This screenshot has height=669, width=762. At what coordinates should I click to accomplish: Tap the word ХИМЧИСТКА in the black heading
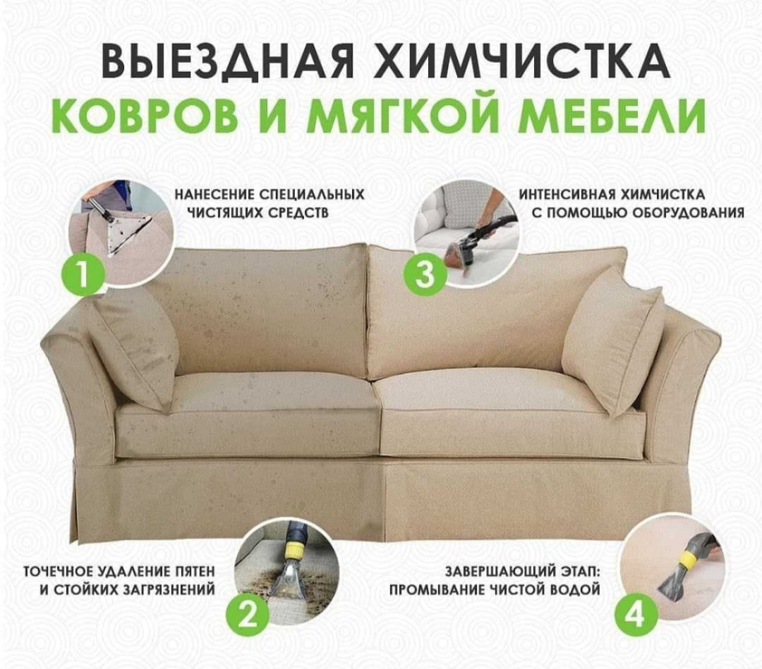(521, 61)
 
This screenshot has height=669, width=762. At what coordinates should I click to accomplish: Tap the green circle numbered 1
(83, 274)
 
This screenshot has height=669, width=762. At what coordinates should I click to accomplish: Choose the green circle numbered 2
(248, 615)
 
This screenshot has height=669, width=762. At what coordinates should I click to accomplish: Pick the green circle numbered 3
(425, 274)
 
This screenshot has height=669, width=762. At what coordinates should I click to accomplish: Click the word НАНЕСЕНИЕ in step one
(214, 195)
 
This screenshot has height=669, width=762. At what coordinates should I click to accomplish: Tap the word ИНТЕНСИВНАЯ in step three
(565, 195)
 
